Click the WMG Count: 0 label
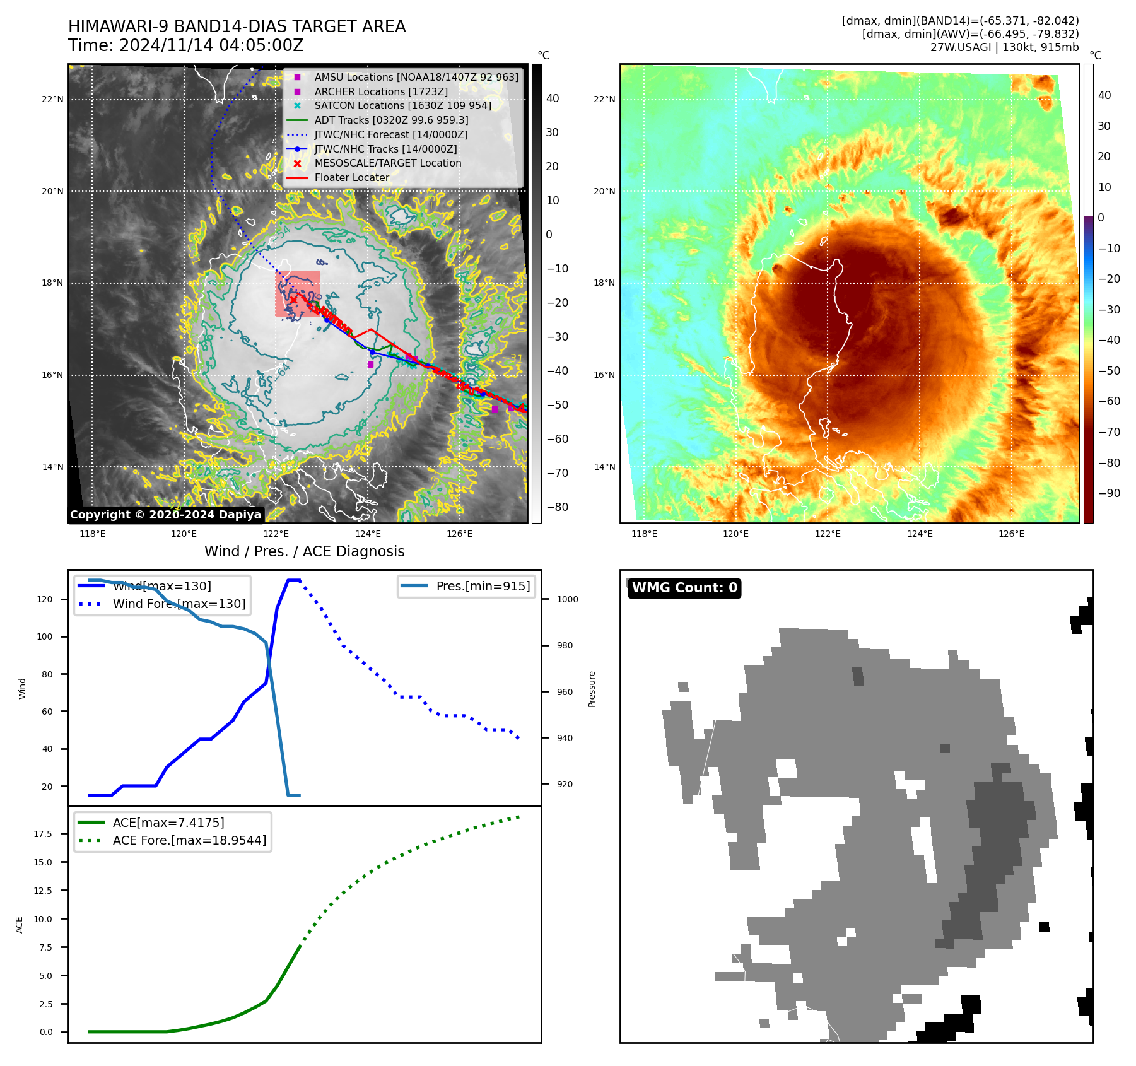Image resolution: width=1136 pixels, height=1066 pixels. [x=684, y=588]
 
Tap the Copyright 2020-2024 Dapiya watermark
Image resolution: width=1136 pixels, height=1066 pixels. [x=165, y=515]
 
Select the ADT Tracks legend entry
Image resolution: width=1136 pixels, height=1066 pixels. [x=391, y=120]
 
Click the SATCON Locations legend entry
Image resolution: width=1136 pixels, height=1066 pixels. [x=402, y=105]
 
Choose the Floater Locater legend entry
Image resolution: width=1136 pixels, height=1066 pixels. [x=352, y=177]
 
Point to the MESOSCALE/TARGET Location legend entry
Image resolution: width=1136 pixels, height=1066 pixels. [x=388, y=163]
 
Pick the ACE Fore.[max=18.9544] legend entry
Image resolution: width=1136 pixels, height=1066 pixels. [x=189, y=840]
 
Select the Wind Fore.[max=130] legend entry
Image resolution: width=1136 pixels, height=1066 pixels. [x=179, y=604]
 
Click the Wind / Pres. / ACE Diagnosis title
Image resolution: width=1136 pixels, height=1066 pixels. [x=305, y=551]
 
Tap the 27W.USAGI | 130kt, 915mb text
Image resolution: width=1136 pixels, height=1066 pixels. [x=1004, y=47]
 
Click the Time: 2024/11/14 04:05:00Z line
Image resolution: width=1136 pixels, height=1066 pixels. [x=186, y=45]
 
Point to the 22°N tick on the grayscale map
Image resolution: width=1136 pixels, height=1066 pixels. [x=53, y=99]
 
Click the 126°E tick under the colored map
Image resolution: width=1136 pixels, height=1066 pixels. [x=1011, y=534]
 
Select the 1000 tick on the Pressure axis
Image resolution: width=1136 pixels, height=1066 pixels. [x=567, y=599]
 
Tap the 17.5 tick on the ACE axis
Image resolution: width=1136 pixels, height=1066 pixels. [x=43, y=834]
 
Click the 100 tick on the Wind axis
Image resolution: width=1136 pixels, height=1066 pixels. [x=44, y=636]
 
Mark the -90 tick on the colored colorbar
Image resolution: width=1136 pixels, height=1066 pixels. [x=1109, y=493]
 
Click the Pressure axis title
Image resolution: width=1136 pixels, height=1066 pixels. [x=592, y=689]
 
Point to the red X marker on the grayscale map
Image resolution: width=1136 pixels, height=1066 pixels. [x=293, y=300]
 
